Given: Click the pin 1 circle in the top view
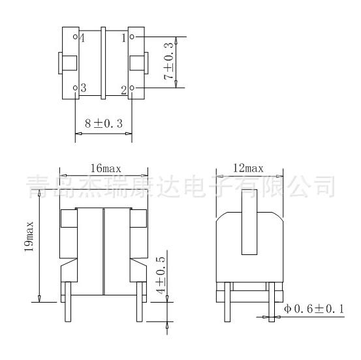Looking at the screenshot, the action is coord(132,37).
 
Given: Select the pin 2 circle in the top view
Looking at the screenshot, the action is coord(132,87).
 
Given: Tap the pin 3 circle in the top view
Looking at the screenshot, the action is coord(75,87).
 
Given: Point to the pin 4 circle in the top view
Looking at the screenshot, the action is coord(75,37).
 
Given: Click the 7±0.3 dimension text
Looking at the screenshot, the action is coord(168,61).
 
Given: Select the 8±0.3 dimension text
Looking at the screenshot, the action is coord(104,123).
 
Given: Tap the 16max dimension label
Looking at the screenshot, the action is coord(106,168).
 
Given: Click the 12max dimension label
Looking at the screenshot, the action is coord(248,168).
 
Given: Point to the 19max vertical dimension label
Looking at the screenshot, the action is coord(29,237).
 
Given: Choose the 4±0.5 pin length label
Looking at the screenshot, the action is coord(161,275).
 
